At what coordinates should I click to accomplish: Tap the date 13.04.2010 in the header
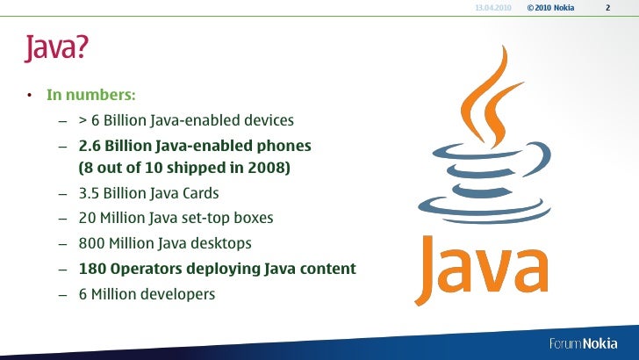coord(492,8)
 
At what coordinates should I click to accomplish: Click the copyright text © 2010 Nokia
coord(551,8)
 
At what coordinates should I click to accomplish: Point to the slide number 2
coord(607,8)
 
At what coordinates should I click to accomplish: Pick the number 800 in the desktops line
coord(92,243)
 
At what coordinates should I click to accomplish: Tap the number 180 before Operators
coord(93,269)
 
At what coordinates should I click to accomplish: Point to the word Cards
coord(199,193)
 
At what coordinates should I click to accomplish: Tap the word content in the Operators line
coord(325,269)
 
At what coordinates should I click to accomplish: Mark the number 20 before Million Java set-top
coord(88,218)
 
